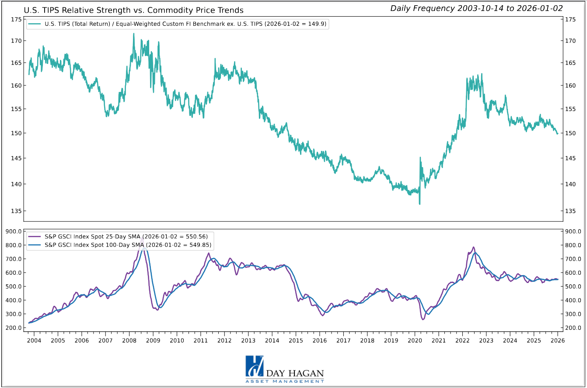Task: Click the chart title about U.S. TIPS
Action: pyautogui.click(x=133, y=10)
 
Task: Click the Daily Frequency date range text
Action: pyautogui.click(x=476, y=8)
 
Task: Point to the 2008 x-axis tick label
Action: pyautogui.click(x=129, y=340)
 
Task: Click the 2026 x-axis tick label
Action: pyautogui.click(x=557, y=340)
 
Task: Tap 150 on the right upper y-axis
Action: pyautogui.click(x=570, y=133)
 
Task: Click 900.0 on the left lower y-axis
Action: pyautogui.click(x=14, y=231)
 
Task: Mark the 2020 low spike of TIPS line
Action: pyautogui.click(x=419, y=204)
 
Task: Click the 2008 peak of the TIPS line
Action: pyautogui.click(x=133, y=34)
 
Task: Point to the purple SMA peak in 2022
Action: pyautogui.click(x=473, y=247)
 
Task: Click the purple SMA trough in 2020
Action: pyautogui.click(x=423, y=319)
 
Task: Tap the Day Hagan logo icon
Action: pyautogui.click(x=254, y=366)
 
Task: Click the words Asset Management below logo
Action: pyautogui.click(x=285, y=381)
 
